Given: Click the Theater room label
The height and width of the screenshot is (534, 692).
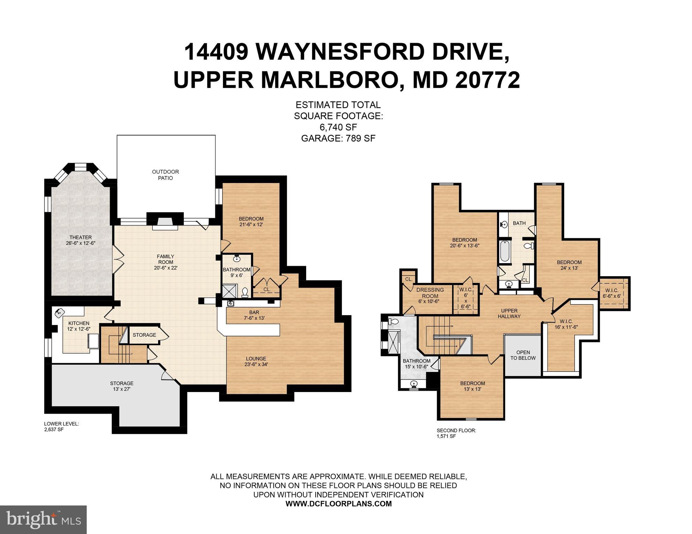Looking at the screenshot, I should (x=80, y=240).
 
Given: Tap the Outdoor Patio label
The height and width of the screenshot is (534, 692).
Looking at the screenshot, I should (x=165, y=175).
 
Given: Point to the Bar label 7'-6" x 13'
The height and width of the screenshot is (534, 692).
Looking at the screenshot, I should (x=254, y=315).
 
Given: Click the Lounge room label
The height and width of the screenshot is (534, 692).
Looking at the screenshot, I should (x=256, y=361).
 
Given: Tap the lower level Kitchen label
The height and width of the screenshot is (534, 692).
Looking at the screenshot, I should (x=79, y=326).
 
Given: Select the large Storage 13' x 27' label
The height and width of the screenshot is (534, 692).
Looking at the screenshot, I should (x=122, y=386).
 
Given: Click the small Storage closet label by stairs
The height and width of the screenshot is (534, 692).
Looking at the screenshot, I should (x=144, y=335).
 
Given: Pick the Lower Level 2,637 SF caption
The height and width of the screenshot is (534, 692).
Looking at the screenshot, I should (x=61, y=427).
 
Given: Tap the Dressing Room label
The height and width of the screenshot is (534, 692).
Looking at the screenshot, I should (x=430, y=296).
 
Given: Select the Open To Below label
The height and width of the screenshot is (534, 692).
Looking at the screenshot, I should (x=523, y=355).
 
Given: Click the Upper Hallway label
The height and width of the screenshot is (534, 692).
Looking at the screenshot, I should (x=509, y=313).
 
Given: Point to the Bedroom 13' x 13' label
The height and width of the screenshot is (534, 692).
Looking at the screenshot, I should (x=472, y=386).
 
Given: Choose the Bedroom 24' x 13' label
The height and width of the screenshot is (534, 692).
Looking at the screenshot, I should (x=569, y=265).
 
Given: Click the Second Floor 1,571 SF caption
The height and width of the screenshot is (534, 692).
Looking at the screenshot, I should (x=456, y=433).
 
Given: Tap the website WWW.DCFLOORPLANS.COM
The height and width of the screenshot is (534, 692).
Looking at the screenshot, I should (x=339, y=504).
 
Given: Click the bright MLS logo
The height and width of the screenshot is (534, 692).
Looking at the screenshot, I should (x=43, y=519).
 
